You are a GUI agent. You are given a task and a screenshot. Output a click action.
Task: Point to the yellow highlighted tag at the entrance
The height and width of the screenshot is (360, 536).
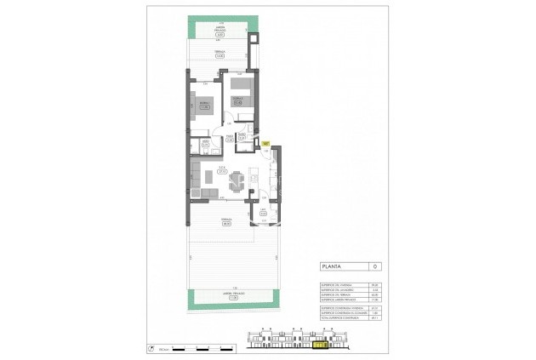[x=266, y=144]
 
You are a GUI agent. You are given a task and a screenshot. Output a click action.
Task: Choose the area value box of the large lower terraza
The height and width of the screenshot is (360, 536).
[x=225, y=223]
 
